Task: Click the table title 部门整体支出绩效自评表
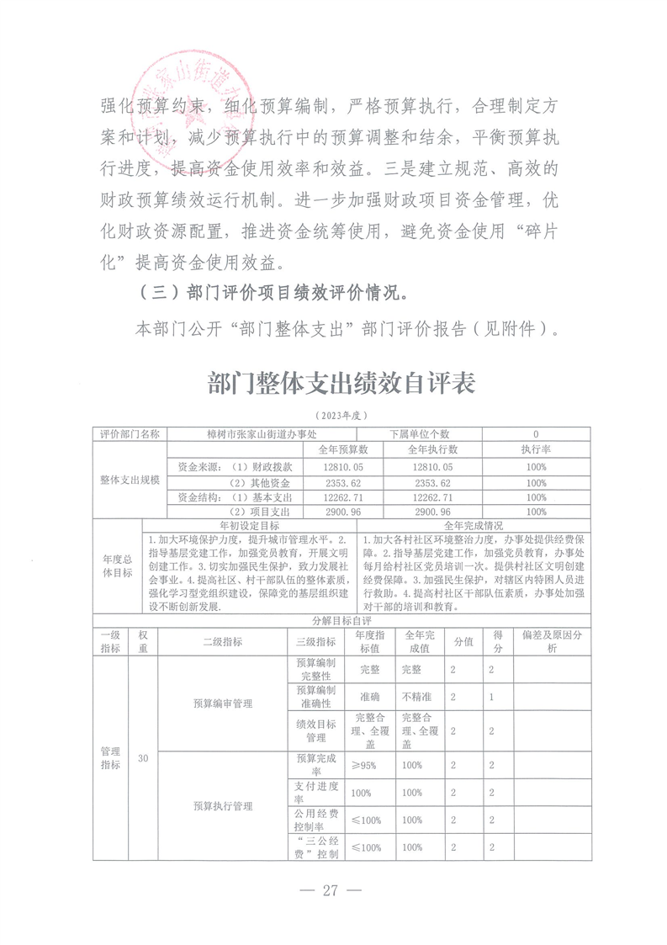coord(341,384)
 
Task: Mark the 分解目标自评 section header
coord(341,620)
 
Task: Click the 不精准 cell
coord(411,698)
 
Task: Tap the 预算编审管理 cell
coord(222,703)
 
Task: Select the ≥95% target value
coord(366,765)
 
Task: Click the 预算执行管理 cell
coord(222,805)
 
